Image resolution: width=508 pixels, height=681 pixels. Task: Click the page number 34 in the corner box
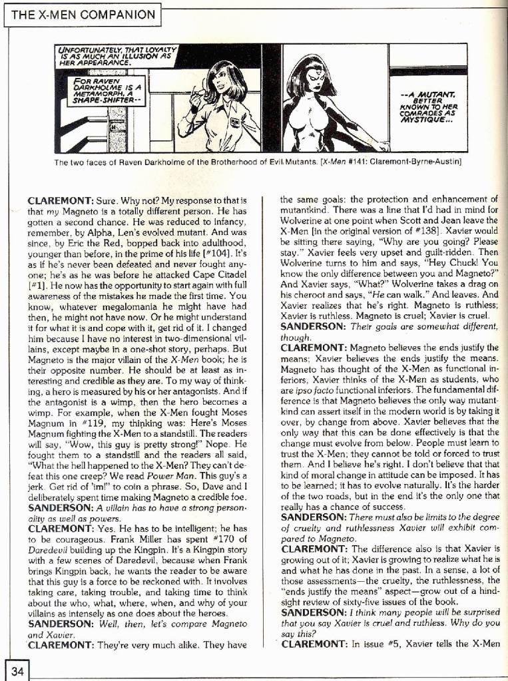[17, 672]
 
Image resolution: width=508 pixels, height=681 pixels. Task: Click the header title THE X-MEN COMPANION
[82, 14]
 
